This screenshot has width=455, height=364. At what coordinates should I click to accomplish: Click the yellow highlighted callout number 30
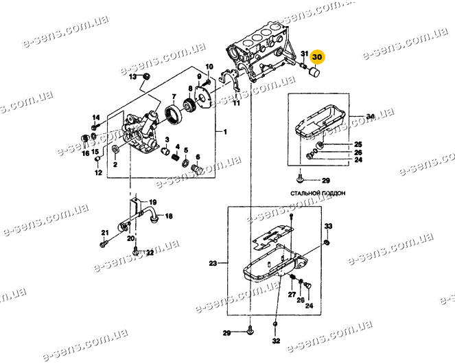[317, 57]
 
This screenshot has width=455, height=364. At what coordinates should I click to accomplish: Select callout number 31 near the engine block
[304, 54]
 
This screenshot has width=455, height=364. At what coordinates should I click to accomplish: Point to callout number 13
[132, 78]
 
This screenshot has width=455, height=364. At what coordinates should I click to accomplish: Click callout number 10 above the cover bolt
[209, 67]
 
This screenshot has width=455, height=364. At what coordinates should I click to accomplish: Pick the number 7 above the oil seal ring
[174, 96]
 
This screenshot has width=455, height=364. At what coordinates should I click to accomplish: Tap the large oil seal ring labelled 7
[174, 115]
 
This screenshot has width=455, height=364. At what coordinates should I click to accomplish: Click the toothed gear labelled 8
[189, 106]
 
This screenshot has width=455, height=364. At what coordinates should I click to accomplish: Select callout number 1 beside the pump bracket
[225, 132]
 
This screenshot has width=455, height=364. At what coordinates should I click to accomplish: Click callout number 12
[99, 172]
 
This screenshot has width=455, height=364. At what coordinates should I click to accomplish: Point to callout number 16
[86, 153]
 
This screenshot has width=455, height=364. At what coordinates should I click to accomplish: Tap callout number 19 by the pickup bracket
[153, 202]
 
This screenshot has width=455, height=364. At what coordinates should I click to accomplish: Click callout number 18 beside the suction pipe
[169, 216]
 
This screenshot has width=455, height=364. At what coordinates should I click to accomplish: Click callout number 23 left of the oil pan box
[213, 264]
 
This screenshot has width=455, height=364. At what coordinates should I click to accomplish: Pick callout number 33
[328, 226]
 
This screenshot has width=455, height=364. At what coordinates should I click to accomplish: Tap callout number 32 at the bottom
[277, 341]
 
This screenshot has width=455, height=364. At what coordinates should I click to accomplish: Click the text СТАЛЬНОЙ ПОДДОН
[318, 193]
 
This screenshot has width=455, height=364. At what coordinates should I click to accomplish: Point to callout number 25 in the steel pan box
[358, 144]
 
